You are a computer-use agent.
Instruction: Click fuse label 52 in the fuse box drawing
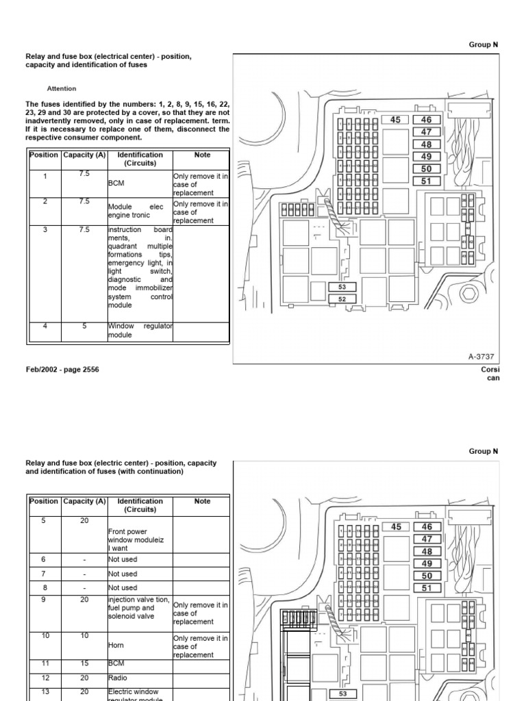coord(342,299)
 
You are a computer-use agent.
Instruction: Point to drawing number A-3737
coord(481,357)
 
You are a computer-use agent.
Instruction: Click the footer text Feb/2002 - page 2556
coord(62,370)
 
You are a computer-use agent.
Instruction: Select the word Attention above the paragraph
coord(62,88)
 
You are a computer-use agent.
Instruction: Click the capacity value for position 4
coord(84,327)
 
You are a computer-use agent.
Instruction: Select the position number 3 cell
coord(45,230)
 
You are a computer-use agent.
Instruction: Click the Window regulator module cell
coord(140,331)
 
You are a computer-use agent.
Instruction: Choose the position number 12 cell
coord(44,678)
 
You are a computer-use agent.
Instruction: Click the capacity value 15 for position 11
coord(84,663)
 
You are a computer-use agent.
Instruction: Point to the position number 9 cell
coord(44,600)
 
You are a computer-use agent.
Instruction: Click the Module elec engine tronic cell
coord(140,211)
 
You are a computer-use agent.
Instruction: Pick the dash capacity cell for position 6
coord(84,560)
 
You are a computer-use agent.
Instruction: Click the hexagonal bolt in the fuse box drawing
coord(468,295)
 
